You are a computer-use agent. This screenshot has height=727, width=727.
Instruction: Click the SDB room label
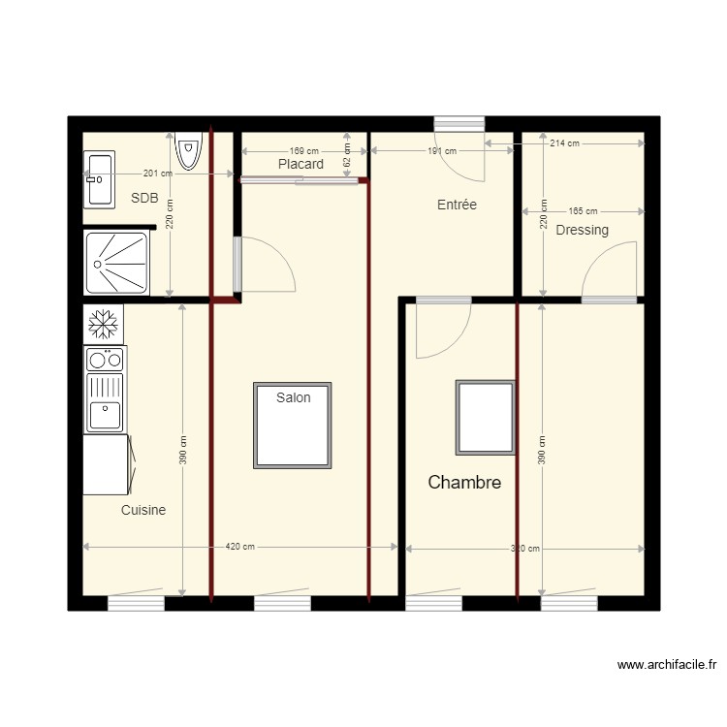click(143, 198)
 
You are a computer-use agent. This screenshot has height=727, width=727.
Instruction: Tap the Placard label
click(300, 165)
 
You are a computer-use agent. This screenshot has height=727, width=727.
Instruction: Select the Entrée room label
click(457, 205)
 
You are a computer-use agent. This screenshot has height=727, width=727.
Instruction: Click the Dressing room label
click(582, 230)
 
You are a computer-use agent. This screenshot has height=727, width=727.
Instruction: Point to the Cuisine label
click(143, 510)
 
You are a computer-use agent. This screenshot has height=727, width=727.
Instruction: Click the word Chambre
click(464, 482)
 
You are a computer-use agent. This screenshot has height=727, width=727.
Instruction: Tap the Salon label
click(293, 397)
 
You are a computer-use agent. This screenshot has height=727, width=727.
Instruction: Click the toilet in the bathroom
click(188, 149)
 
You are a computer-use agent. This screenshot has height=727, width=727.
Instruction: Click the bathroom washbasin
click(100, 178)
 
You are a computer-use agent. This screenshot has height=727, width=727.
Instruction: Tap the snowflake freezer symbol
click(104, 324)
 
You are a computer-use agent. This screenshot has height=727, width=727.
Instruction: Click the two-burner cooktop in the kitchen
click(105, 360)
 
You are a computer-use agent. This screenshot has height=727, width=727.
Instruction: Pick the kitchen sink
click(105, 403)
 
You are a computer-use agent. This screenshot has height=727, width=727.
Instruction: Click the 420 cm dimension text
click(240, 547)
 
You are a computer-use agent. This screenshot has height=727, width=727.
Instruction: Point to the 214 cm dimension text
click(564, 143)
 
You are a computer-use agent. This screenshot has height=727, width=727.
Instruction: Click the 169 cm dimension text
click(303, 151)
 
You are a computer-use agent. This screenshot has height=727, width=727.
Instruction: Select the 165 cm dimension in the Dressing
click(583, 210)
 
